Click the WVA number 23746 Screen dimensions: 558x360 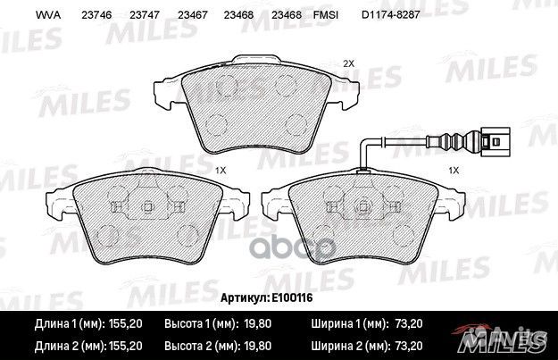pyautogui.click(x=96, y=15)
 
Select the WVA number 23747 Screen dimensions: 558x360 pyautogui.click(x=145, y=15)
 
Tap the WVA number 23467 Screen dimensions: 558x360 pyautogui.click(x=193, y=15)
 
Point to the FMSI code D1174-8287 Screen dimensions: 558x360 pyautogui.click(x=391, y=15)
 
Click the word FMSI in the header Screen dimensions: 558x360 pyautogui.click(x=326, y=15)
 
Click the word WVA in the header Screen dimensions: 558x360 pyautogui.click(x=48, y=15)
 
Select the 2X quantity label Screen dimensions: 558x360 pyautogui.click(x=348, y=63)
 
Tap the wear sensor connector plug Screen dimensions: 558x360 pyautogui.click(x=495, y=142)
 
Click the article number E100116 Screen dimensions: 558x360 pyautogui.click(x=292, y=297)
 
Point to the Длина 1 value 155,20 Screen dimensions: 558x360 pyautogui.click(x=125, y=323)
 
